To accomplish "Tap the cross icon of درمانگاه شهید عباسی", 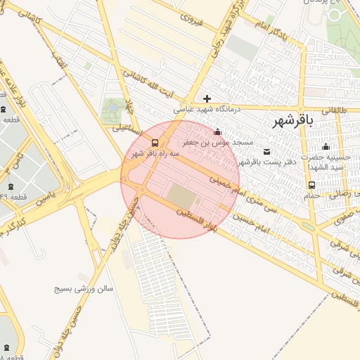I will [x=207, y=98].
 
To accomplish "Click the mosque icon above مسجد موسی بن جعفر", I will [x=217, y=131].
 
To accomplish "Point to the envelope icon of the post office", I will [x=266, y=151].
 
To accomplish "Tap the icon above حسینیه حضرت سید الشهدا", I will [x=326, y=147].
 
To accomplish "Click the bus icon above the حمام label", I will [x=311, y=185].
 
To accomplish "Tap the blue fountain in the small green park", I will [x=111, y=108].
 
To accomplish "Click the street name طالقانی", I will [x=334, y=110].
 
